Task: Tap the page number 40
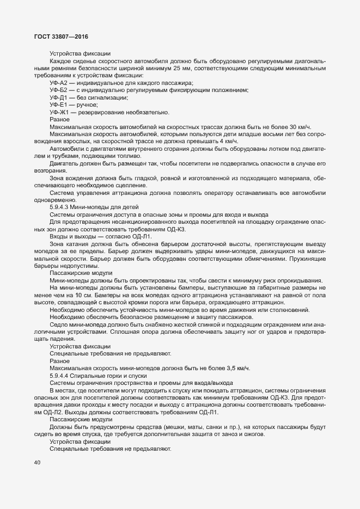[x=37, y=463]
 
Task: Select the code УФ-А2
[x=58, y=83]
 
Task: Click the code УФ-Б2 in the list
[x=58, y=90]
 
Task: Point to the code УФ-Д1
[x=58, y=98]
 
